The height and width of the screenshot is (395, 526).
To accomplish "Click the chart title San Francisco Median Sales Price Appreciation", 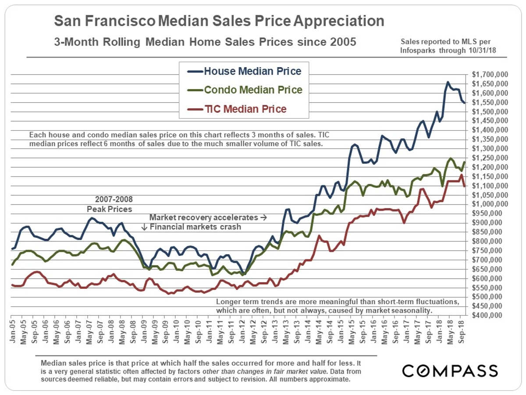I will pos(219,21).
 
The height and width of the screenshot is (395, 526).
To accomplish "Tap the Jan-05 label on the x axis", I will pos(13,328).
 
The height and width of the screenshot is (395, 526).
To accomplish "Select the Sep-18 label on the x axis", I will pos(462,328).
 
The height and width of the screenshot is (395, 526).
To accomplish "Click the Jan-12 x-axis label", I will pos(242,328).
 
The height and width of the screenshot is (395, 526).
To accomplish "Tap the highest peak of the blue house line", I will pos(448,82).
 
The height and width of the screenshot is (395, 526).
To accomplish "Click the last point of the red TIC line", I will pos(465,186).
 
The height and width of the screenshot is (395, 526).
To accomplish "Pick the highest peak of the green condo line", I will pos(450,158).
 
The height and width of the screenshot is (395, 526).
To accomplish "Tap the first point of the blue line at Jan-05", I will pos(12,249).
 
